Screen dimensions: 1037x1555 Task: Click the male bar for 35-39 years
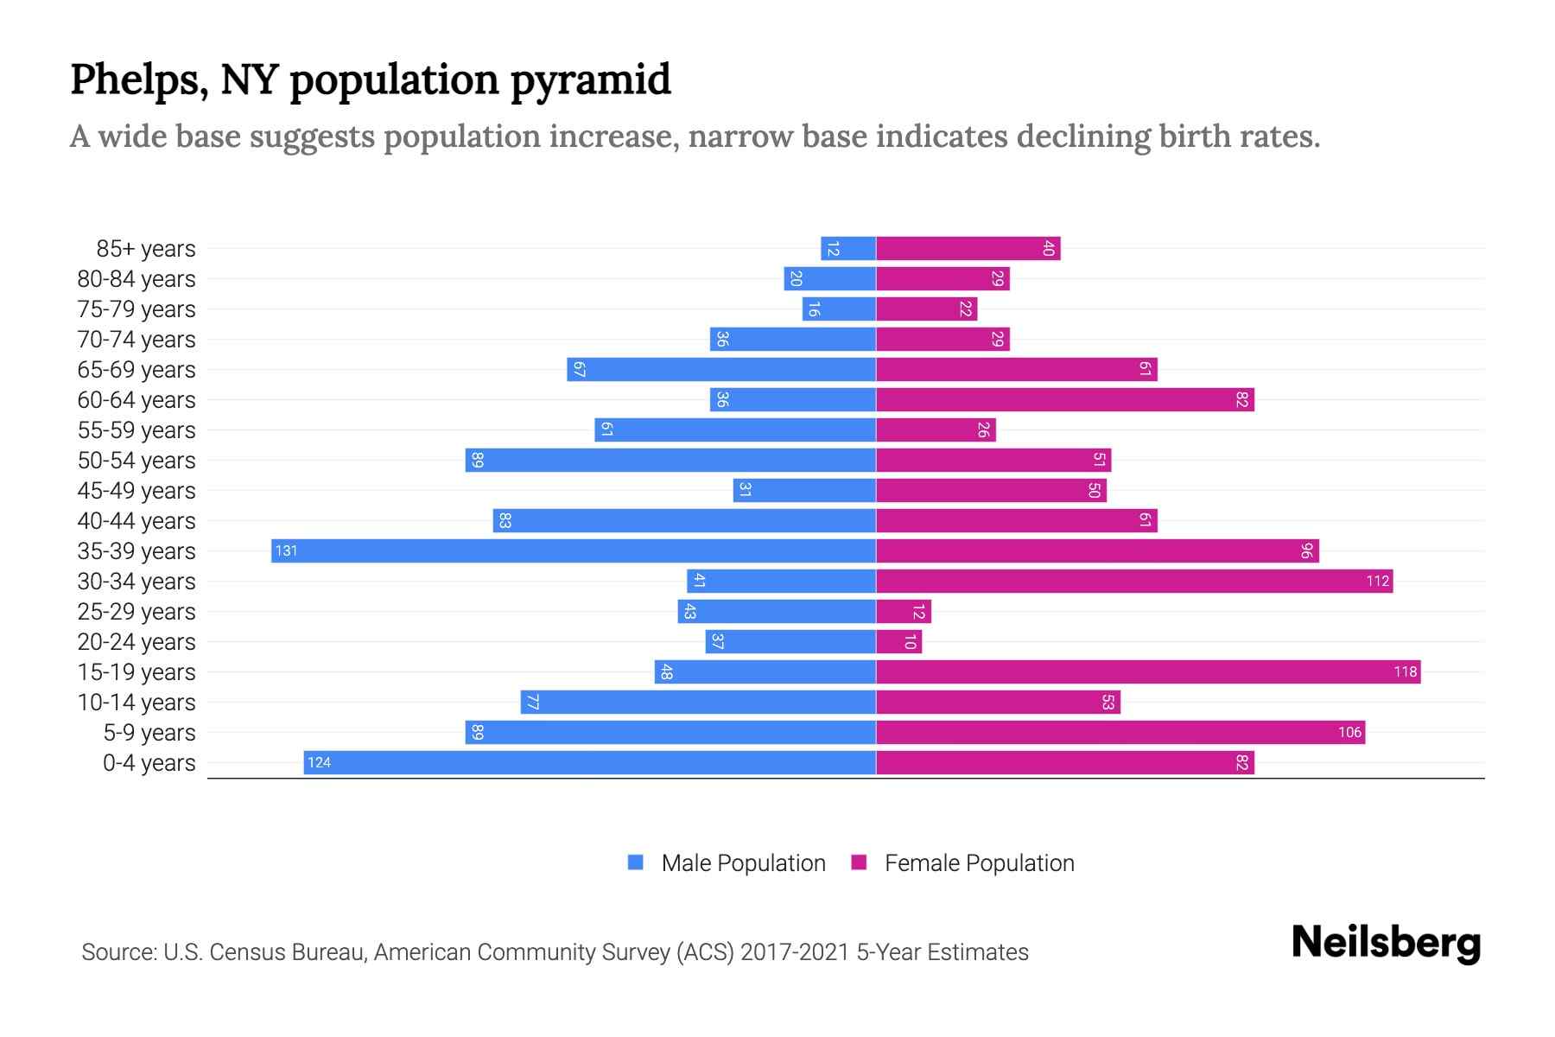[574, 551]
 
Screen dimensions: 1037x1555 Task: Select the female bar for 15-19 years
[1148, 672]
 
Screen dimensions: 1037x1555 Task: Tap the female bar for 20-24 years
[899, 642]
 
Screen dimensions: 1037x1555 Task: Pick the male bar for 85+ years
[848, 249]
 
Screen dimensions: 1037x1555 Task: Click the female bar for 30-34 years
[1134, 582]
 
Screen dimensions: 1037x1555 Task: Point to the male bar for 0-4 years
[590, 763]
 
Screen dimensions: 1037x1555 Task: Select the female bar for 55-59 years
[936, 430]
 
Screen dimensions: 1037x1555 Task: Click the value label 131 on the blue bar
[286, 551]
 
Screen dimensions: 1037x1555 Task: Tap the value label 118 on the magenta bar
[1405, 672]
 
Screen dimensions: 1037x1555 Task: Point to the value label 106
[1349, 733]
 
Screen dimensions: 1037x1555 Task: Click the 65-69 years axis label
[136, 370]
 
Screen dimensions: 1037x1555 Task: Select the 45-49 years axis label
[136, 491]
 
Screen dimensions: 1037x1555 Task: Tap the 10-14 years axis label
[136, 703]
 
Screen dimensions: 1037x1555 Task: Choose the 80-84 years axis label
[136, 279]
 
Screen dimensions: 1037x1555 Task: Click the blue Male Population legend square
[636, 862]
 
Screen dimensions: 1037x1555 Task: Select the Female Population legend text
[979, 863]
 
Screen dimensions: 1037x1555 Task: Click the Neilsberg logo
[1386, 943]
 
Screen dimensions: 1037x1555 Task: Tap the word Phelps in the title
[136, 80]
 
